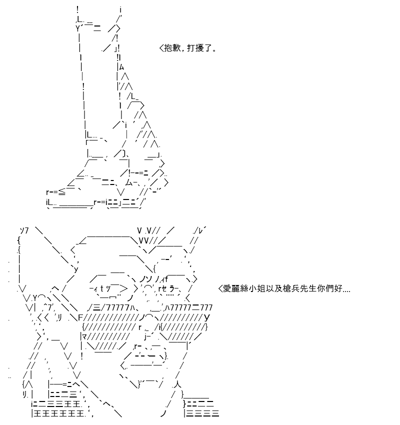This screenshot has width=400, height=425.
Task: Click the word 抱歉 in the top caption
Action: click(172, 48)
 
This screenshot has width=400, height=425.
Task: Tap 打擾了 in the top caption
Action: click(199, 48)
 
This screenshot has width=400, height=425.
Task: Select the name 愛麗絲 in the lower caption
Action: click(235, 288)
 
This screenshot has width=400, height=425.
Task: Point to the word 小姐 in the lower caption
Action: click(256, 288)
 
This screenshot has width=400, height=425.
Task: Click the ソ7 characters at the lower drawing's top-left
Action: click(24, 230)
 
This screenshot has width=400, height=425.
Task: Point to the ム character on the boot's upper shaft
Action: click(121, 67)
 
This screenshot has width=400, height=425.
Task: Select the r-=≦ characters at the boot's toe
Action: click(56, 192)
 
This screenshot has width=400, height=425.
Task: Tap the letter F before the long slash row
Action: click(81, 317)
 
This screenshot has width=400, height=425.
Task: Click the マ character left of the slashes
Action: click(84, 337)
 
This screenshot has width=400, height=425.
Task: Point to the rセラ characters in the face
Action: click(168, 288)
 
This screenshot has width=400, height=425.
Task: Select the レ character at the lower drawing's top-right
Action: click(201, 230)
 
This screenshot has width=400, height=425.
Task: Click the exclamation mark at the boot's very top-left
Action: click(77, 10)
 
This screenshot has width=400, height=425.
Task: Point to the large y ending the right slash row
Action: click(207, 317)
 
